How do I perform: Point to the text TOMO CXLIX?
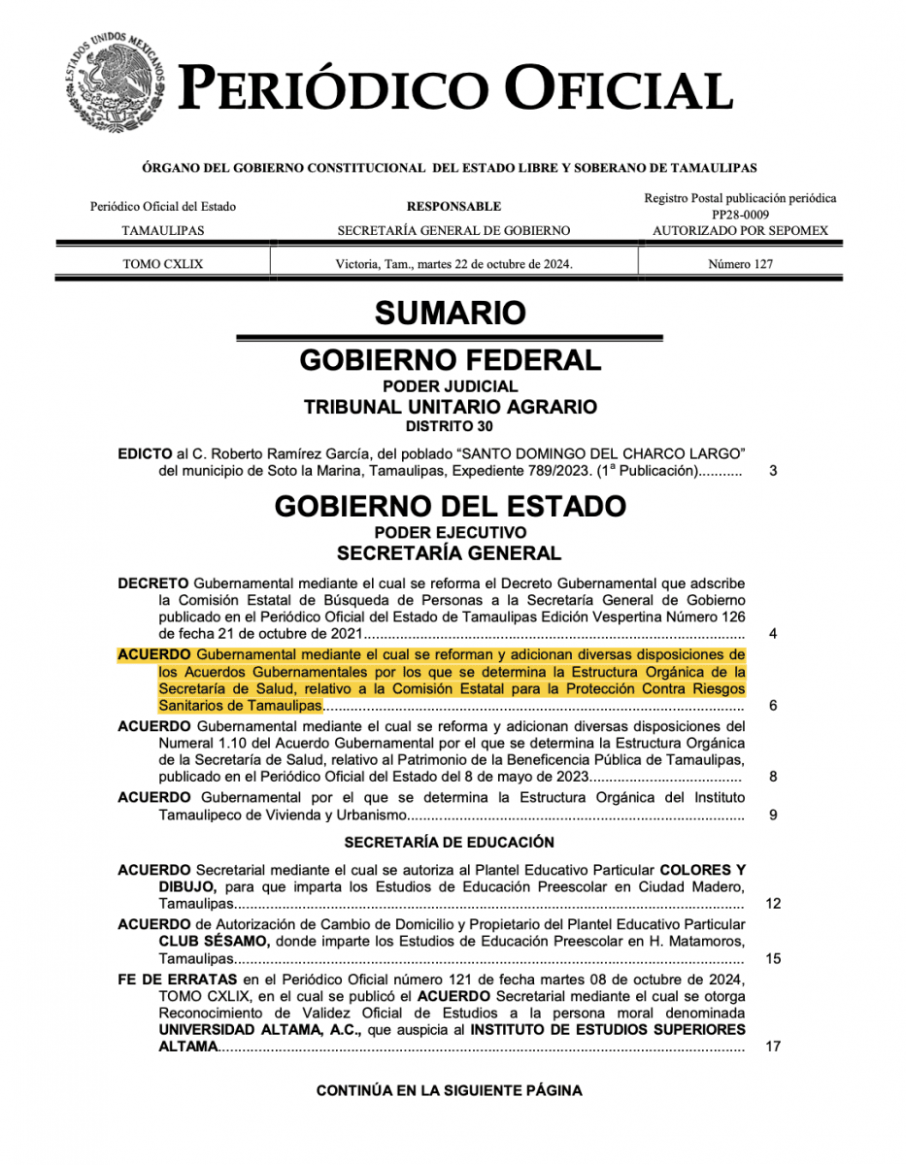pos(163,263)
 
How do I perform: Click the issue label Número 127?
pos(740,263)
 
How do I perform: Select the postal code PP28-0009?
pos(740,215)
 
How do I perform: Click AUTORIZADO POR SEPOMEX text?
pos(740,231)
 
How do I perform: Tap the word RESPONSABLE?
pos(453,206)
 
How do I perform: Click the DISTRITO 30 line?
pos(450,425)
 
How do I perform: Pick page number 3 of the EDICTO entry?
pos(773,472)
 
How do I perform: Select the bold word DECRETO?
pos(152,583)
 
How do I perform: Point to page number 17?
pos(773,1047)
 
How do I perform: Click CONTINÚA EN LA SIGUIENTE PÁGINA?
pos(449,1090)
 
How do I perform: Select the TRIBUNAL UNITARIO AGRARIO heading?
pos(450,407)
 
